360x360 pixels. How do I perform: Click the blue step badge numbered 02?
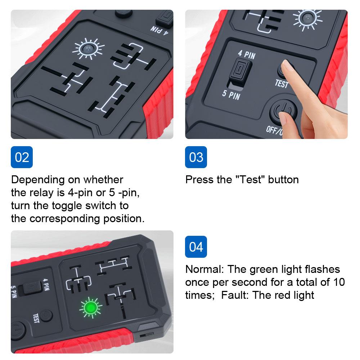click(22, 157)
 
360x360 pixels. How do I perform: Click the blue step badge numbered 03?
click(196, 157)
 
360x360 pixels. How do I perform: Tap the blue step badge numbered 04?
click(196, 247)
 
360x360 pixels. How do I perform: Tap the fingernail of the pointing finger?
click(287, 66)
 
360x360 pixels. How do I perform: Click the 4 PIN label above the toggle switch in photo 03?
click(246, 55)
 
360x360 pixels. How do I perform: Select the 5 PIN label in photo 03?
click(231, 95)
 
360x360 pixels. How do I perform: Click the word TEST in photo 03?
click(282, 84)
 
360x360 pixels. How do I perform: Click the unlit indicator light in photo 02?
click(88, 49)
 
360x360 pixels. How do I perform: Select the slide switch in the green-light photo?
click(30, 288)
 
